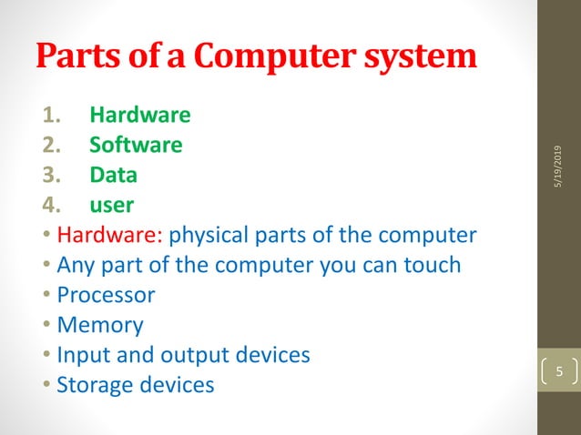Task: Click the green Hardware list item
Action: pyautogui.click(x=140, y=116)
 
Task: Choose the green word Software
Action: pyautogui.click(x=136, y=145)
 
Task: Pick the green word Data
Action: pyautogui.click(x=114, y=174)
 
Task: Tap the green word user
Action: pyautogui.click(x=111, y=205)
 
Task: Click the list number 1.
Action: pyautogui.click(x=52, y=116)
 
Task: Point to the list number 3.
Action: pyautogui.click(x=52, y=174)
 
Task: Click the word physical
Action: pyautogui.click(x=209, y=235)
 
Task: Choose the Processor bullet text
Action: pyautogui.click(x=106, y=295)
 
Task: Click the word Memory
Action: pyautogui.click(x=100, y=324)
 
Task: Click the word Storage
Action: pyautogui.click(x=92, y=384)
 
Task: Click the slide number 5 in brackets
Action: pyautogui.click(x=560, y=372)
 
